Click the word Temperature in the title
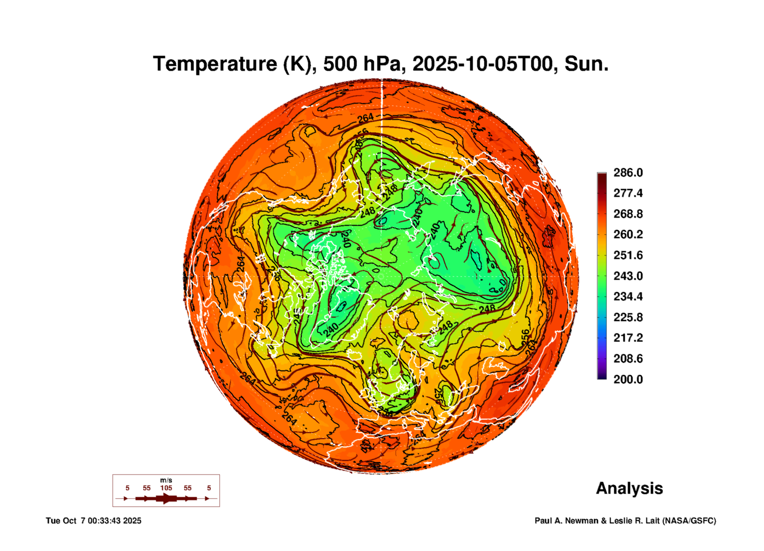tap(215, 64)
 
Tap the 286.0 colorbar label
tap(628, 173)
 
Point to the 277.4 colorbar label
tap(628, 193)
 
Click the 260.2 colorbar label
tap(628, 234)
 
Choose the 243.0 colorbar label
tap(628, 276)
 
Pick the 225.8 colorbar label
tap(628, 317)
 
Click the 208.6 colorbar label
tap(628, 358)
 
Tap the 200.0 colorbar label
tap(628, 379)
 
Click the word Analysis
tap(629, 488)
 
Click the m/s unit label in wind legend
tap(166, 480)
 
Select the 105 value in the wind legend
tap(166, 488)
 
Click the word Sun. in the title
tap(586, 64)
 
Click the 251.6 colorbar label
tap(628, 255)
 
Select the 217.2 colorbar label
tap(628, 338)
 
